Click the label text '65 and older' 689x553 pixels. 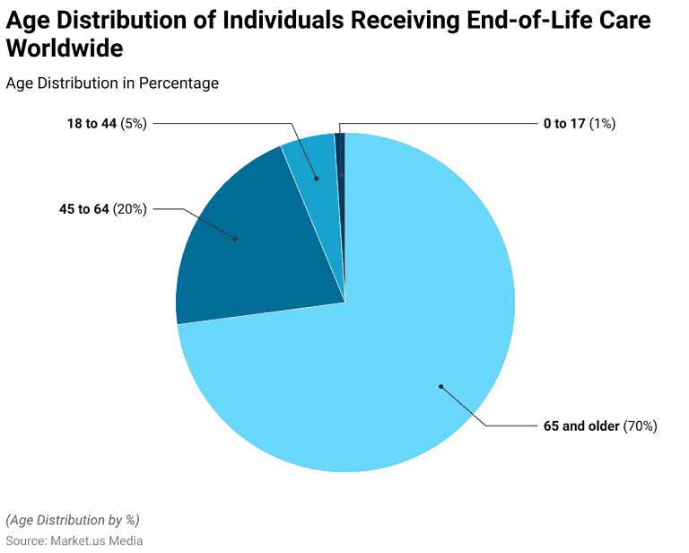580,426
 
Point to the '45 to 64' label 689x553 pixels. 83,209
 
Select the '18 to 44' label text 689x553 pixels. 92,123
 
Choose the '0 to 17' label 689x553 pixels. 564,123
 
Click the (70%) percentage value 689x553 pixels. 641,426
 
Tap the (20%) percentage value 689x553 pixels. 130,209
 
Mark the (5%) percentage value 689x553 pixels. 134,123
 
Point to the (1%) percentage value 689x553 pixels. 602,123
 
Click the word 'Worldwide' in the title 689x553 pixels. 65,48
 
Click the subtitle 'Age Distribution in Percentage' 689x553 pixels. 112,83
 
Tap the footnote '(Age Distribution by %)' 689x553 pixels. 73,520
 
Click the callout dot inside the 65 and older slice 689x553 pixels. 440,387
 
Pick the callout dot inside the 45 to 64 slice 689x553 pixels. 235,239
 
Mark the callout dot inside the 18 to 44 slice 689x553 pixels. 316,179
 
